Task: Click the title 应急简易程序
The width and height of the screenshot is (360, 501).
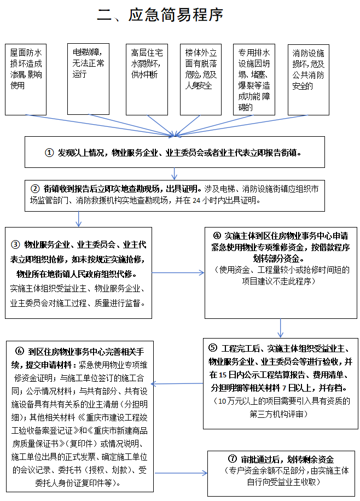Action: point(160,15)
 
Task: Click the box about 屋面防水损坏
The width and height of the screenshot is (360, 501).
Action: point(26,79)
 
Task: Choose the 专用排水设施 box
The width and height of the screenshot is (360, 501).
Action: point(255,79)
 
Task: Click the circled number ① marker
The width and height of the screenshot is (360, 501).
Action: point(49,153)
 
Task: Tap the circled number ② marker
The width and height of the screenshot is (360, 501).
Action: point(35,189)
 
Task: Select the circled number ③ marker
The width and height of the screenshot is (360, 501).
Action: point(16,244)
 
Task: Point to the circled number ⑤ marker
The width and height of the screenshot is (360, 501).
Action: point(213,348)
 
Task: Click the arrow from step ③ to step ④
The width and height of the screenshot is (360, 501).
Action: point(178,272)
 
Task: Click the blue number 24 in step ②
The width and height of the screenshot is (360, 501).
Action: point(196,200)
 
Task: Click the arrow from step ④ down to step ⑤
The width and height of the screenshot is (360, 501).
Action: point(281,328)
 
